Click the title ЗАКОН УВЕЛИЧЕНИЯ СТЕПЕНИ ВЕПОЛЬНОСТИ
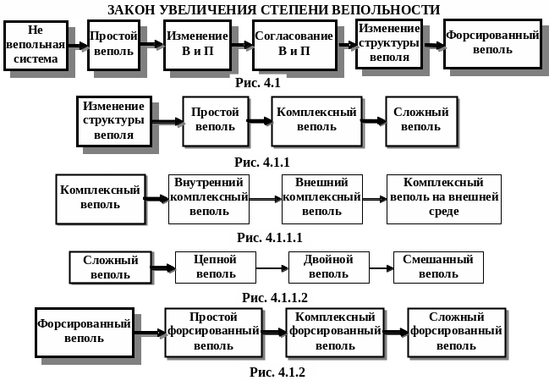point(273,9)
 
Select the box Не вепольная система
point(36,46)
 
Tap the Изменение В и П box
point(197,45)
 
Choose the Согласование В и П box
point(294,45)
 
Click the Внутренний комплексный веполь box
point(208,199)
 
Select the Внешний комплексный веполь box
point(321,199)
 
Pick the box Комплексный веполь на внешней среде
point(443,199)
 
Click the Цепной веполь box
point(215,267)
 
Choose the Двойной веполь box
point(328,267)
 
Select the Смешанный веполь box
point(438,267)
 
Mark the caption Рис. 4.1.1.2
point(274,297)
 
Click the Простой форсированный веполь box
point(213,332)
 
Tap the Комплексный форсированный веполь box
point(334,332)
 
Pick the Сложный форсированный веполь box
point(456,332)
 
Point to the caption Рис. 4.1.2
point(277,372)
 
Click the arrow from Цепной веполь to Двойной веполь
point(272,267)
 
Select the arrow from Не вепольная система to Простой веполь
point(78,46)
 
